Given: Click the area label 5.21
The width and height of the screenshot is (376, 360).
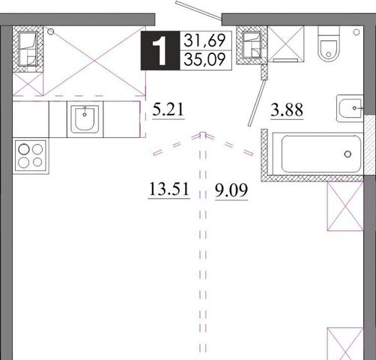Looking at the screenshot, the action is pos(169,109).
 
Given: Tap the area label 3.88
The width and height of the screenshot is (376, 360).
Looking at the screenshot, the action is pos(287,109).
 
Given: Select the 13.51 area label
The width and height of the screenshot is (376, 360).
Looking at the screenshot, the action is pos(169,189).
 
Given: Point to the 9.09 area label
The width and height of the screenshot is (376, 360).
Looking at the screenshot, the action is pos(231,190).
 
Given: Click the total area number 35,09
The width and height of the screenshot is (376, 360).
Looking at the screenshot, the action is pos(204,59).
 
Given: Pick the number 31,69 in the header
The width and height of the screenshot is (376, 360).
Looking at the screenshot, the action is pos(204,40).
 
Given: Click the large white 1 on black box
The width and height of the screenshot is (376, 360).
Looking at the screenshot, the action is pos(160,50).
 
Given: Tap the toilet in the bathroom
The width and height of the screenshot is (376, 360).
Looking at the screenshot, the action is pos(329,44).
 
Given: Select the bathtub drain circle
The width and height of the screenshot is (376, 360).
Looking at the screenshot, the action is pos(348,154).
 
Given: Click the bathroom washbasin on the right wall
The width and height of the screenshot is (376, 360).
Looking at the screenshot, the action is pos(350,108).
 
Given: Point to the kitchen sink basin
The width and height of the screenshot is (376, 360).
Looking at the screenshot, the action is pos(85,118).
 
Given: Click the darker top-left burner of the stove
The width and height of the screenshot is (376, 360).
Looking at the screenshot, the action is pos(24,149).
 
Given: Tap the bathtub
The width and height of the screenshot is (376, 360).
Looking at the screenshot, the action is pos(318,154).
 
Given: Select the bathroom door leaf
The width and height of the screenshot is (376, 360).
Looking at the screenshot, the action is pos(256,103).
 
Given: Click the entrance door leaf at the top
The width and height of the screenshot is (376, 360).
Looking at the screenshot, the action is pos(198,10).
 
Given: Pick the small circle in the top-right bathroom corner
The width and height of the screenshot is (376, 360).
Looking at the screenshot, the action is pos(357,32).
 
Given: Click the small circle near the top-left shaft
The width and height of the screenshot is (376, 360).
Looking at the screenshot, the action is pos(51,31).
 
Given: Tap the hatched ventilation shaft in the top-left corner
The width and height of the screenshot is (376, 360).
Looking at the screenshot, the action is pos(28,49).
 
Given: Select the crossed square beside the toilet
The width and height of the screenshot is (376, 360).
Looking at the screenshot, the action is pos(286,44).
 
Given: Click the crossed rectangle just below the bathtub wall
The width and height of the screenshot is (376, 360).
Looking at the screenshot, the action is pos(345,206).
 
